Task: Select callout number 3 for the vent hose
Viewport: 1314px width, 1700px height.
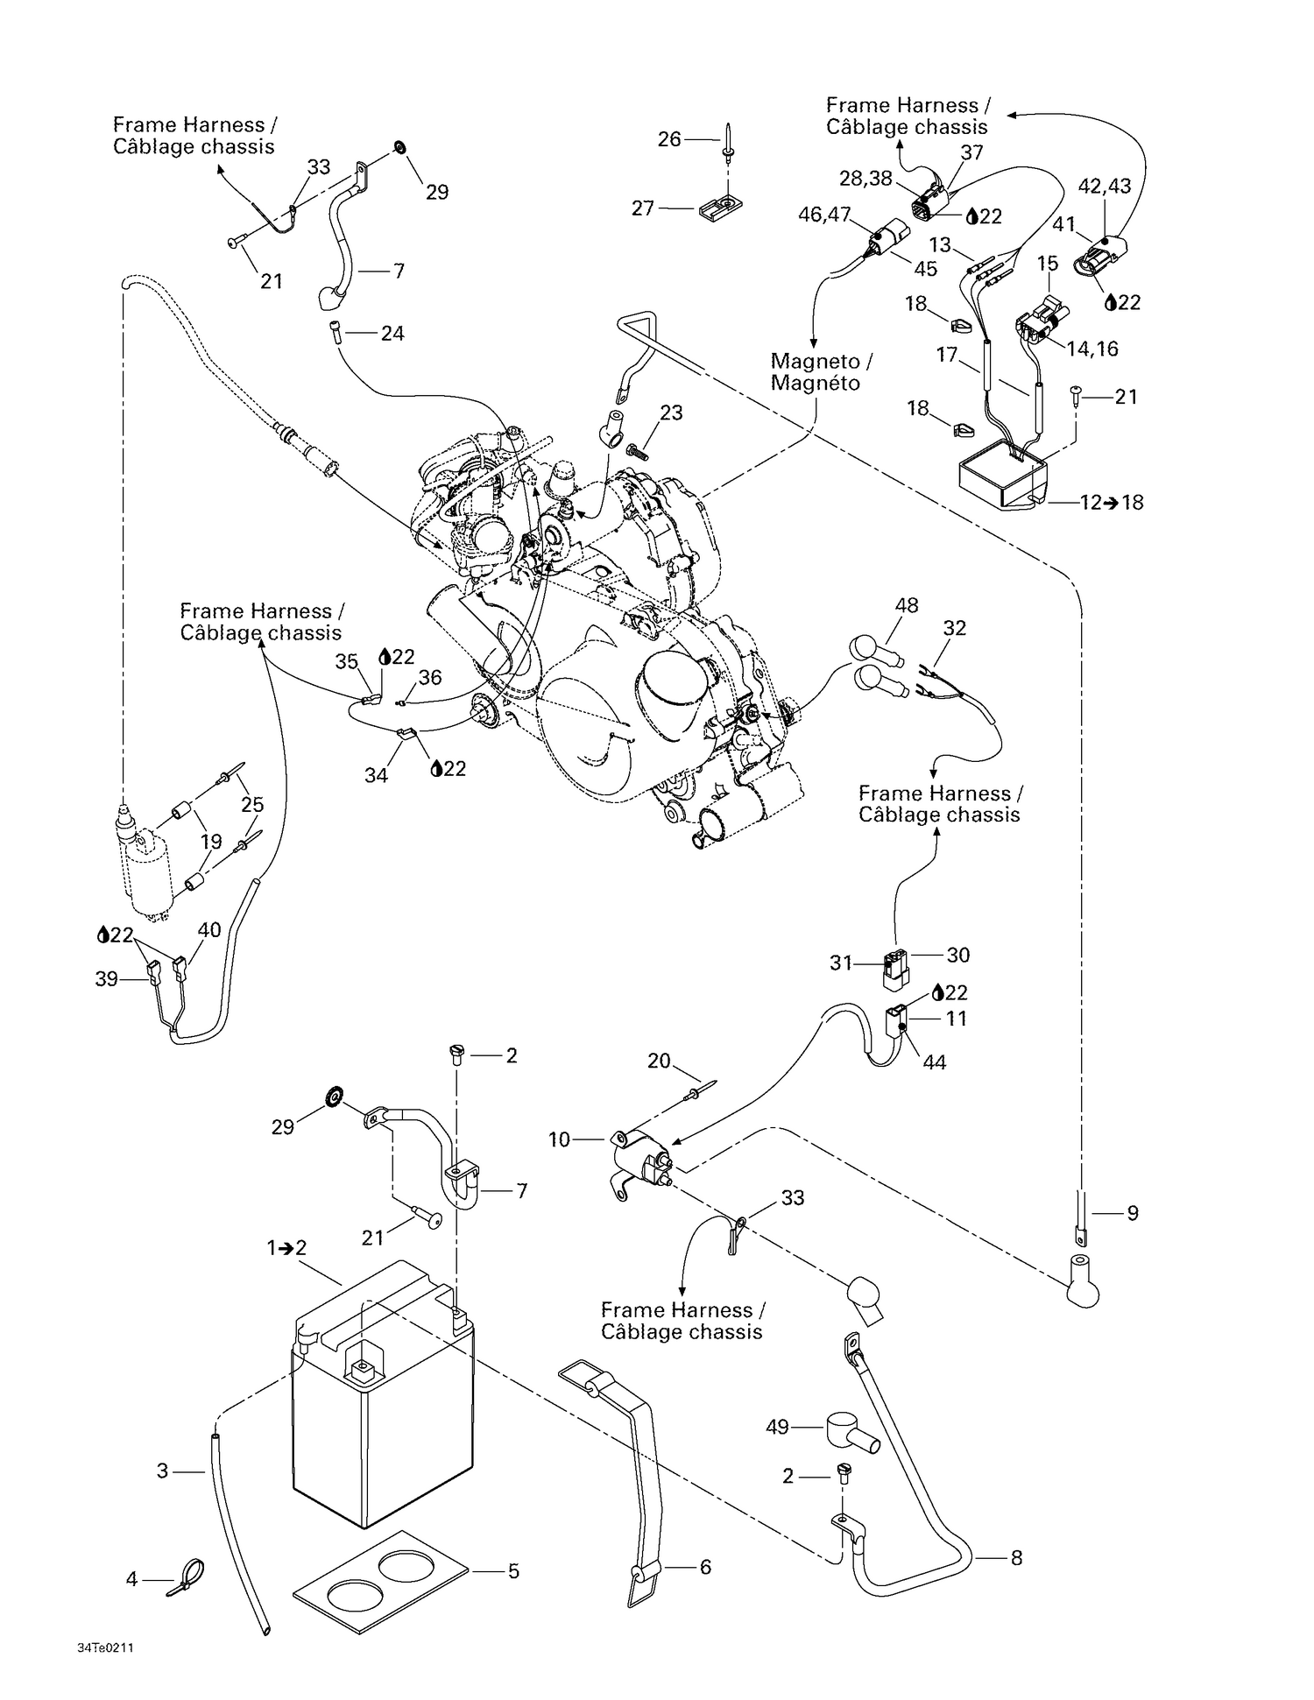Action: pyautogui.click(x=162, y=1471)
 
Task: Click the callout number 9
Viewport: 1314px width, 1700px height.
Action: pyautogui.click(x=1132, y=1214)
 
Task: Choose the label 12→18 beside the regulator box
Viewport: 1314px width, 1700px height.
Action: pyautogui.click(x=1112, y=503)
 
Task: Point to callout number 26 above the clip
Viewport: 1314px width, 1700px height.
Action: pyautogui.click(x=669, y=139)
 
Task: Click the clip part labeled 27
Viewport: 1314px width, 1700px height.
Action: pyautogui.click(x=722, y=208)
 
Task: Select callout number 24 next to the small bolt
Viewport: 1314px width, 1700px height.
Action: pyautogui.click(x=392, y=334)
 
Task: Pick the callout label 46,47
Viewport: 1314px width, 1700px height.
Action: pyautogui.click(x=824, y=215)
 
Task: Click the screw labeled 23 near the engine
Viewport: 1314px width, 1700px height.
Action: pyautogui.click(x=636, y=452)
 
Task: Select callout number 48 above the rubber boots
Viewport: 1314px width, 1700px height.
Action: pyautogui.click(x=907, y=605)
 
